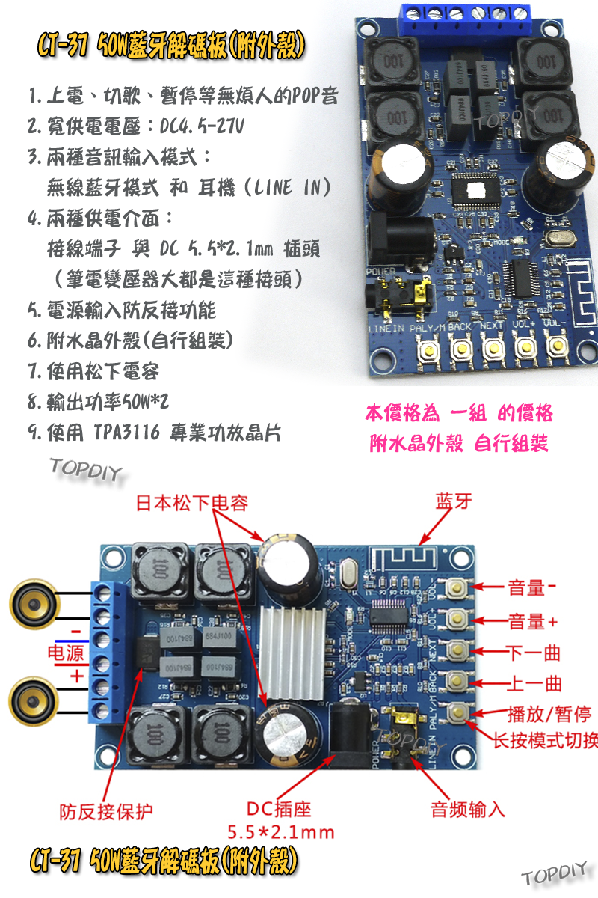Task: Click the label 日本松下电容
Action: (191, 502)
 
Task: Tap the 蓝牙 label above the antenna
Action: (454, 502)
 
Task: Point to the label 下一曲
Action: (533, 653)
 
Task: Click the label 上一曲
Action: (533, 684)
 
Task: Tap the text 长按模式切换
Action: (545, 742)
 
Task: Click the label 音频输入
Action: (468, 809)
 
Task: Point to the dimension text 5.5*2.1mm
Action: (280, 832)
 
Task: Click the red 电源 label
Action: (66, 653)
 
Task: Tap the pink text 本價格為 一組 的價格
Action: (459, 414)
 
